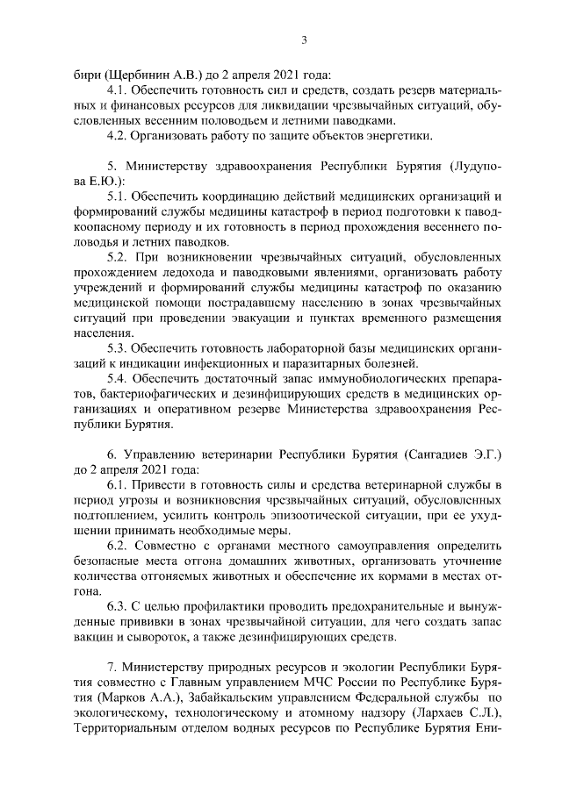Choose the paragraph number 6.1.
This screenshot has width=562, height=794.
click(118, 485)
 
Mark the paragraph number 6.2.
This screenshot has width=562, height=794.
click(118, 546)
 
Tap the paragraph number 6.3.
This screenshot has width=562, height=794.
click(118, 606)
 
